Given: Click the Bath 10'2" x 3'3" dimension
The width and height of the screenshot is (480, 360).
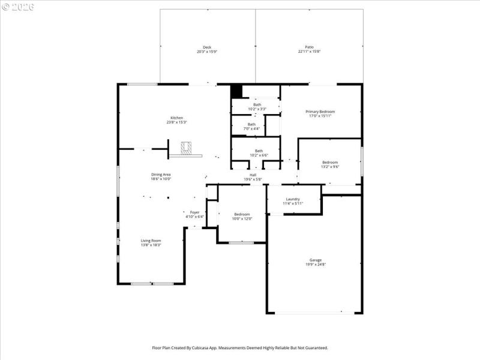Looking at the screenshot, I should (257, 109).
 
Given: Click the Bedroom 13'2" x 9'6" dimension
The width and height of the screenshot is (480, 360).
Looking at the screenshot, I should (330, 167).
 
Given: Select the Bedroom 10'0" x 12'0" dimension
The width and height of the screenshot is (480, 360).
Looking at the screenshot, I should (242, 219).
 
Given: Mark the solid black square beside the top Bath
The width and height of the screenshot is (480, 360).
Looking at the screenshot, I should (236, 91).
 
